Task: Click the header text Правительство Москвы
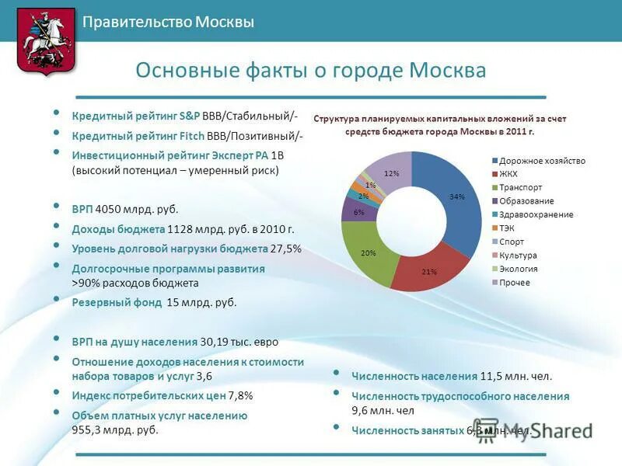tap(169, 23)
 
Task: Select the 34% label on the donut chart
tap(456, 197)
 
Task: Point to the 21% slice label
tap(428, 272)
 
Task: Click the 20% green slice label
tap(369, 253)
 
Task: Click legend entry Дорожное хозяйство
tap(542, 161)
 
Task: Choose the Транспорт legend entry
tap(521, 187)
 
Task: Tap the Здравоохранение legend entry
tap(536, 214)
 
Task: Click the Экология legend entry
tap(518, 269)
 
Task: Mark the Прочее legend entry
tap(515, 282)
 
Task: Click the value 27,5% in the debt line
tap(285, 249)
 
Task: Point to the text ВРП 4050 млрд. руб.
tap(125, 209)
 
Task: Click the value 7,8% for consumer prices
tap(241, 395)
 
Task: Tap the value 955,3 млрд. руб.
tap(115, 429)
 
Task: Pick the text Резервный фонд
tap(117, 302)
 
